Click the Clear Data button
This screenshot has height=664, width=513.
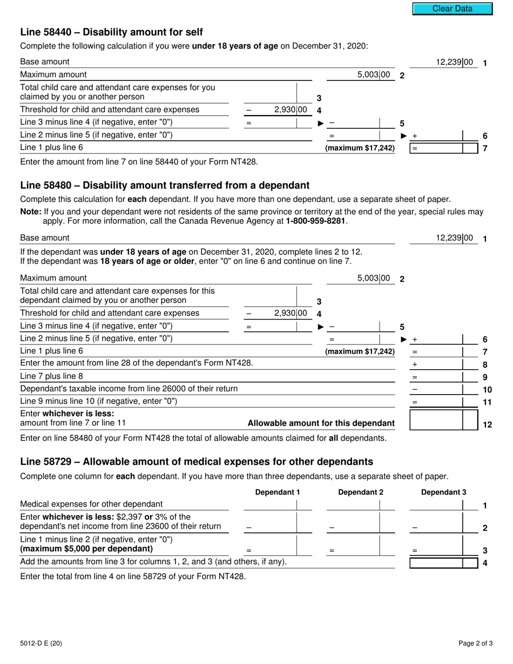[x=453, y=9]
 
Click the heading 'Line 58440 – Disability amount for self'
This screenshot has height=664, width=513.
[x=111, y=32]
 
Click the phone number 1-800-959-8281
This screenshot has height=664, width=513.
[x=315, y=221]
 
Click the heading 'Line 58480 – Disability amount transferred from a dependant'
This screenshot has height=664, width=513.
[x=165, y=185]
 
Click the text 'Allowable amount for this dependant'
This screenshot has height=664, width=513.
[x=321, y=423]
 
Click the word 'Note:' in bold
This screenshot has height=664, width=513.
[x=30, y=212]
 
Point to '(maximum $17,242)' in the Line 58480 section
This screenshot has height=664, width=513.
[x=360, y=351]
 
